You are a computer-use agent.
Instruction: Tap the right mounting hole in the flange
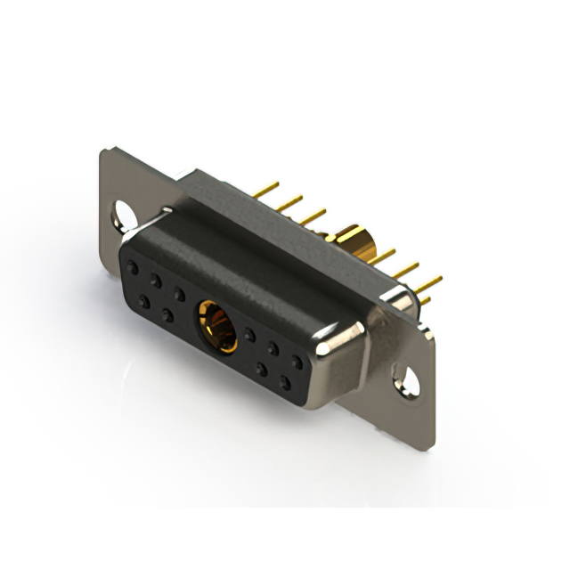pyautogui.click(x=408, y=380)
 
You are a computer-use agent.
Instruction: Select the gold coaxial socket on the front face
pyautogui.click(x=216, y=326)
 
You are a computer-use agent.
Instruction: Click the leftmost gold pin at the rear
pyautogui.click(x=265, y=190)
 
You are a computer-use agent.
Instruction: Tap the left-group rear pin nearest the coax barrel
pyautogui.click(x=311, y=216)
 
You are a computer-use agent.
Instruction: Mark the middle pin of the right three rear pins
pyautogui.click(x=404, y=270)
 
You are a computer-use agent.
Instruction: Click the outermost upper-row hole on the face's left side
pyautogui.click(x=133, y=266)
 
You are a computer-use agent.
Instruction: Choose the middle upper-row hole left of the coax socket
pyautogui.click(x=156, y=281)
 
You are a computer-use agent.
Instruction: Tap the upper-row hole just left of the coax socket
pyautogui.click(x=180, y=293)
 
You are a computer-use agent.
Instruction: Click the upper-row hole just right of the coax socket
pyautogui.click(x=250, y=335)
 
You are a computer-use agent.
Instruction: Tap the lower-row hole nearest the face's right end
pyautogui.click(x=285, y=384)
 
